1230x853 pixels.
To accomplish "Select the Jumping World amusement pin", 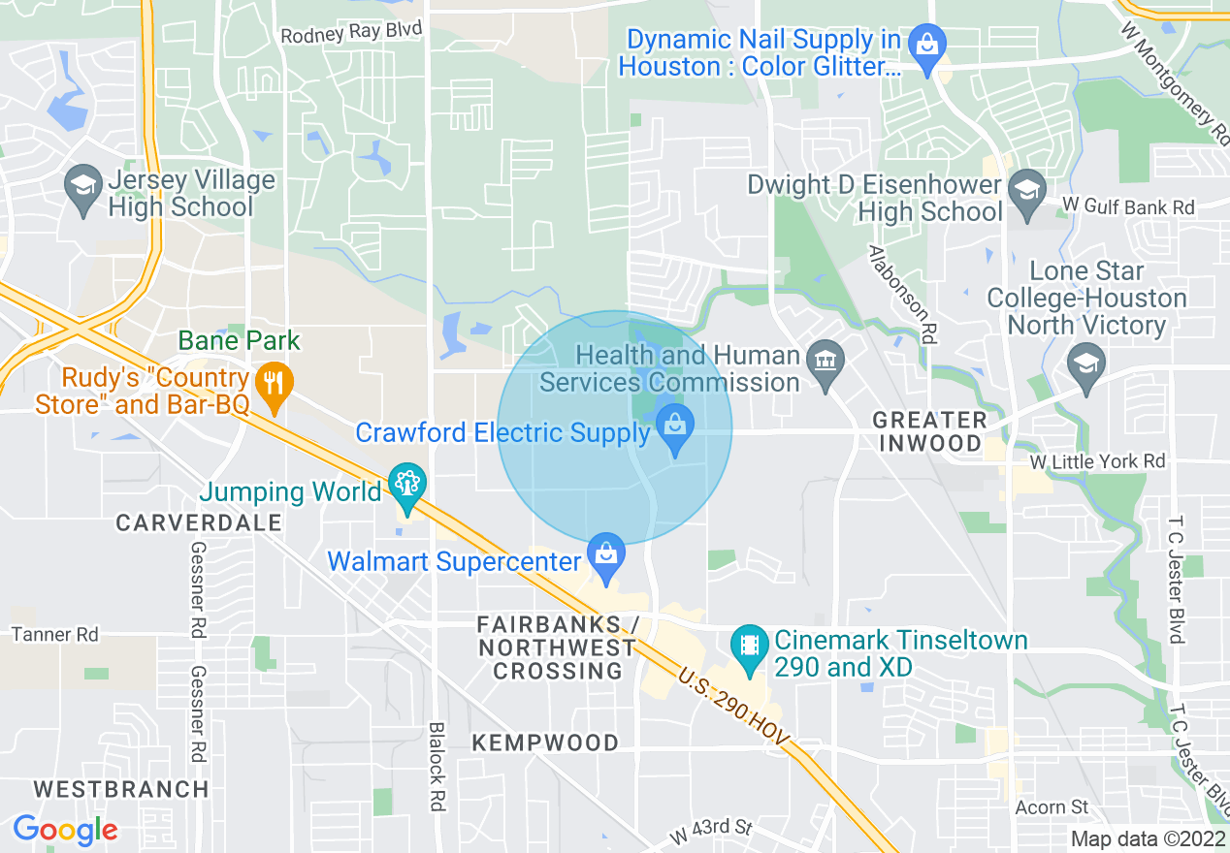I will tap(406, 483).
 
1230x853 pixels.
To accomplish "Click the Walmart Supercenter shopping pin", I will tap(606, 555).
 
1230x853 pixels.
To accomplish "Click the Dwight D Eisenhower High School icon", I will tap(1026, 187).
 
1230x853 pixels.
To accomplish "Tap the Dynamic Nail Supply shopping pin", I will tap(928, 45).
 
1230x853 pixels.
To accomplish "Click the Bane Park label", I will tap(240, 341).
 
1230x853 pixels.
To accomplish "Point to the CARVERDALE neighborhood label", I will tap(199, 523).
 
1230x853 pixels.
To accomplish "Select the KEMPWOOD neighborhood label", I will tap(545, 743).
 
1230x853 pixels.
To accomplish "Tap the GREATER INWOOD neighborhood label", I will tap(928, 432).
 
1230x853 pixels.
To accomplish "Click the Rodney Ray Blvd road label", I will tap(351, 33).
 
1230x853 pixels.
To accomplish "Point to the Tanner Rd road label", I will tap(54, 635).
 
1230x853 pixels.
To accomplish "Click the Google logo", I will tap(65, 830).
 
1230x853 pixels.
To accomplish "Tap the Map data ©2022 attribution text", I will tap(1148, 838).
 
